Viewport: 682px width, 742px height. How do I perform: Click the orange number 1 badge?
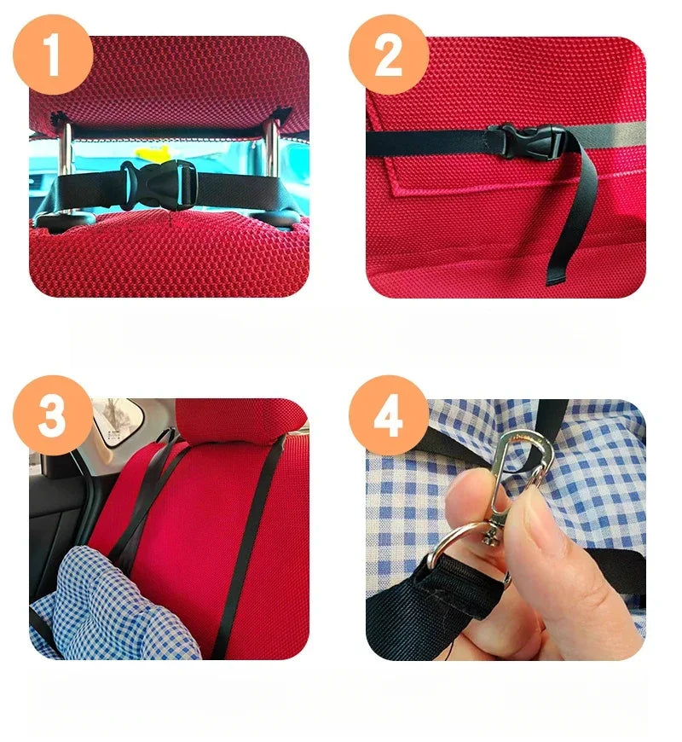tap(52, 55)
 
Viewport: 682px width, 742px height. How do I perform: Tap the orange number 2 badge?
tap(388, 55)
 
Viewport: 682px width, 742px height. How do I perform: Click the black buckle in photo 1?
tap(159, 181)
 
